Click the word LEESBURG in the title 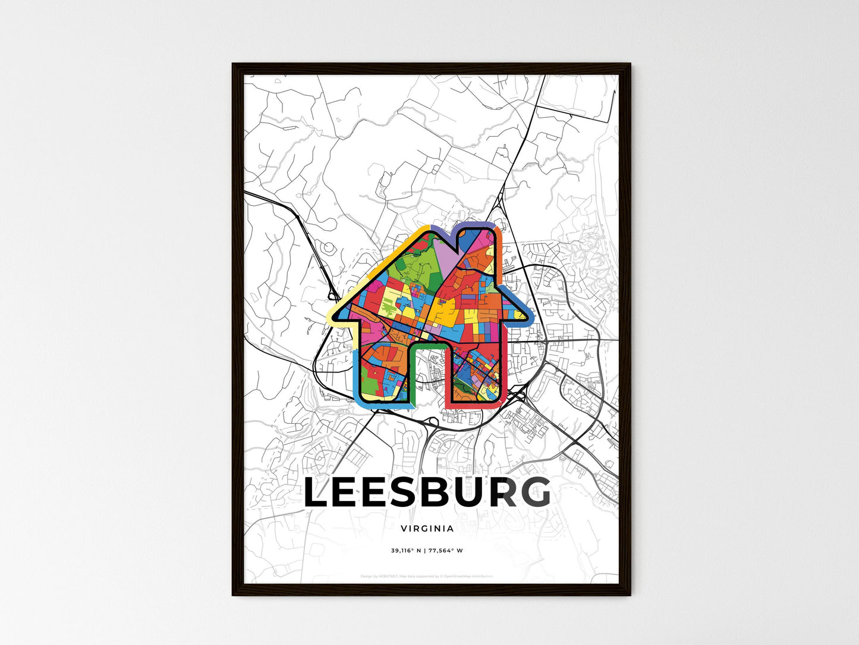pos(427,493)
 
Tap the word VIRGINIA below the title pos(427,528)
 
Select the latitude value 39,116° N pos(405,550)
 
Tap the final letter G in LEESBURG pos(533,493)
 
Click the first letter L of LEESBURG pos(318,493)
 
